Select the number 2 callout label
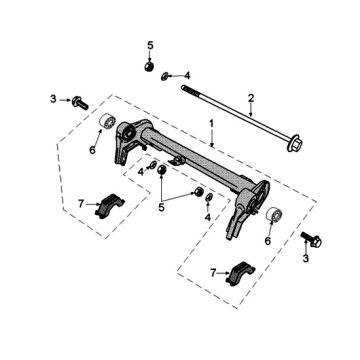[x=251, y=97]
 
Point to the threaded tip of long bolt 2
[x=185, y=88]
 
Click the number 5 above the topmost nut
[x=150, y=46]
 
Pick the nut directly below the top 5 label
[x=149, y=68]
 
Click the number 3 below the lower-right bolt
[x=307, y=258]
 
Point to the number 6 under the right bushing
[x=268, y=240]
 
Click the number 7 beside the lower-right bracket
[x=213, y=271]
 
